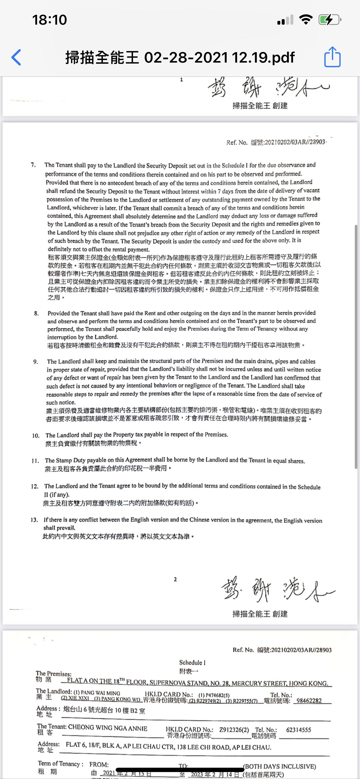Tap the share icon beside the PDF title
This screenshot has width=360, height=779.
click(332, 57)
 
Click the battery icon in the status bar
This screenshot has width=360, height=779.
click(329, 20)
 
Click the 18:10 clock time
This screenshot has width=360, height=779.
click(49, 20)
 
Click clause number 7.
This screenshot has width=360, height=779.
click(33, 165)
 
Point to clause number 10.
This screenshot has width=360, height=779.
click(36, 436)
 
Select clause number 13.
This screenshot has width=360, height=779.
click(34, 520)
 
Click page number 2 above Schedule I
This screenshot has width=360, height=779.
click(175, 579)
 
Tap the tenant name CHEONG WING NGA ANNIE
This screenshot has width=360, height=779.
click(108, 728)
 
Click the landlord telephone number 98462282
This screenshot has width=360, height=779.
click(309, 701)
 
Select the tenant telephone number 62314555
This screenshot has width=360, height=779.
click(298, 730)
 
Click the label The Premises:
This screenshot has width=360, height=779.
click(54, 674)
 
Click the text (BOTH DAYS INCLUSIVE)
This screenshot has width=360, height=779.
click(279, 766)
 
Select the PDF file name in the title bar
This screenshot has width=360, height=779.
click(180, 57)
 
